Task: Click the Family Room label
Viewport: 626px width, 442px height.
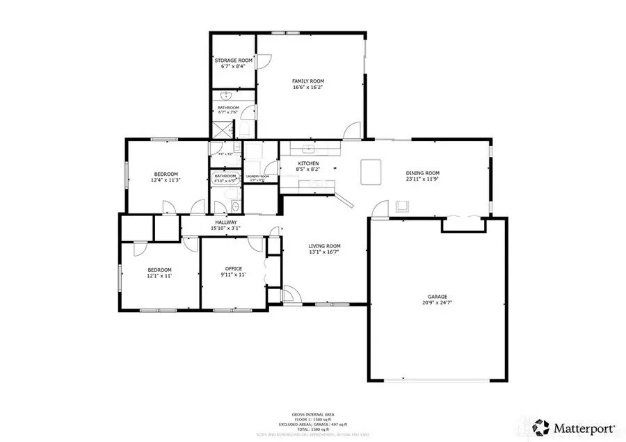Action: point(307,81)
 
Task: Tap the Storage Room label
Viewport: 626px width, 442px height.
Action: point(232,61)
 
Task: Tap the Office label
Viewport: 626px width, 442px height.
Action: point(233,268)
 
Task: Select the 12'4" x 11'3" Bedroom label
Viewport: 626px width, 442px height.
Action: point(166,174)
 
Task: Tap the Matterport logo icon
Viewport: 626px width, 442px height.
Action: point(540,425)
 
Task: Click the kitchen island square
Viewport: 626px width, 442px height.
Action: point(371,172)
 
